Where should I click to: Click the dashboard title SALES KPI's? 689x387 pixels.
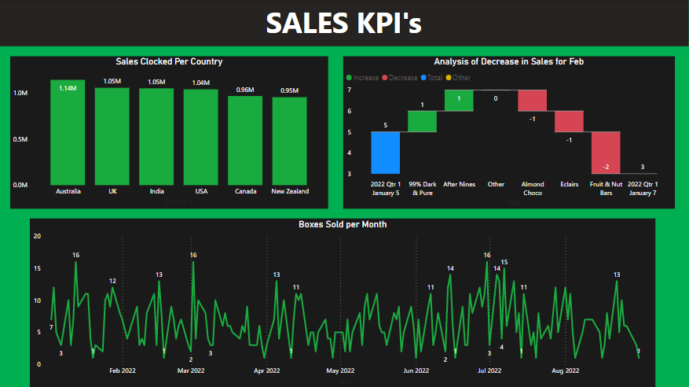click(x=343, y=24)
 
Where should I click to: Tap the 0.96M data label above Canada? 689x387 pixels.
click(x=245, y=90)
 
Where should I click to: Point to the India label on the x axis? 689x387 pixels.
click(x=156, y=191)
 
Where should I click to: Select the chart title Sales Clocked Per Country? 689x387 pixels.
click(x=169, y=61)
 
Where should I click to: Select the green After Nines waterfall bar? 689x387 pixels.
click(x=459, y=100)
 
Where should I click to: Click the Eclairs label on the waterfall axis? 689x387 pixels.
click(x=569, y=185)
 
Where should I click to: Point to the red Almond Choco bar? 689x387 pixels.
click(x=532, y=100)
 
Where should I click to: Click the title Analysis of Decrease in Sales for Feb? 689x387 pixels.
click(x=508, y=61)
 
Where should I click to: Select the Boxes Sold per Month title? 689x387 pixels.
click(x=343, y=224)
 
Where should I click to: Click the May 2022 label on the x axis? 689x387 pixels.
click(x=340, y=370)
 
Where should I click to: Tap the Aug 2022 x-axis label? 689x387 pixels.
click(x=566, y=370)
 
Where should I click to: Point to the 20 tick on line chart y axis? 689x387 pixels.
click(x=37, y=236)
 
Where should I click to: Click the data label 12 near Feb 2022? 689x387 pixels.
click(x=112, y=281)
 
